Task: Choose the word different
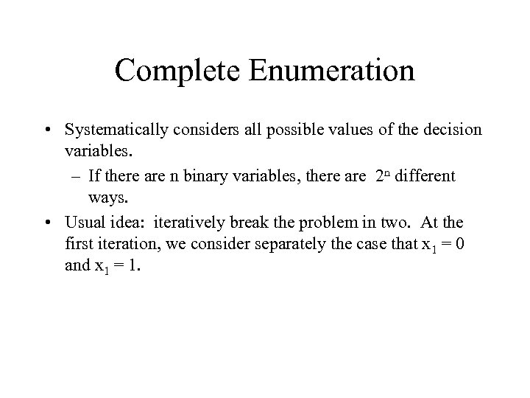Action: pyautogui.click(x=422, y=177)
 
